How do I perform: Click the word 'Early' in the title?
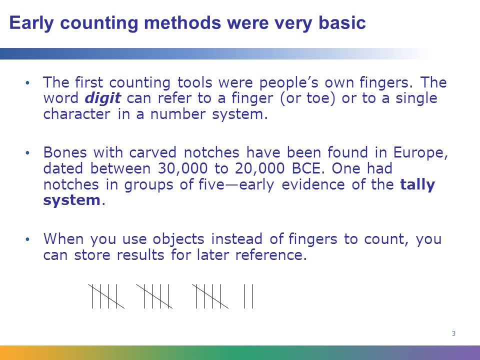(x=31, y=23)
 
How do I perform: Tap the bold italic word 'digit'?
(x=103, y=98)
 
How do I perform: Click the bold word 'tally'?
(x=417, y=184)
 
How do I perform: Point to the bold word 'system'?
(x=71, y=200)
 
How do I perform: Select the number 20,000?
(x=259, y=168)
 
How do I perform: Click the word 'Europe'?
(x=418, y=152)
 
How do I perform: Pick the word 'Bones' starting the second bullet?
(x=64, y=152)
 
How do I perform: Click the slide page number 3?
(x=453, y=333)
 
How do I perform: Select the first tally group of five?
(x=106, y=296)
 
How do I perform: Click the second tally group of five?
(x=154, y=296)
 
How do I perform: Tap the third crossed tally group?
(x=210, y=296)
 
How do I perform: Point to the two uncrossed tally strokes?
(x=248, y=296)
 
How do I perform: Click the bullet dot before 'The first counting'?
(x=27, y=82)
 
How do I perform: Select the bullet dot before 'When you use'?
(x=27, y=239)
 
